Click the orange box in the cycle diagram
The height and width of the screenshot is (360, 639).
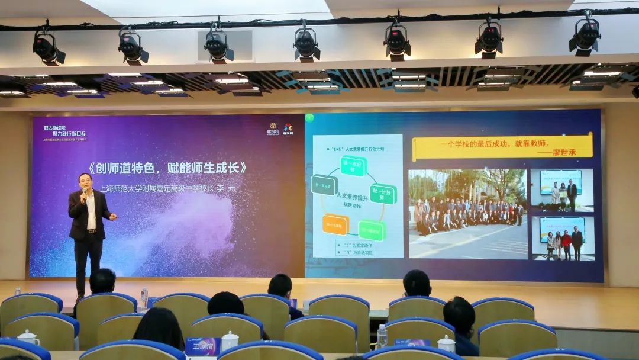pos(335,224)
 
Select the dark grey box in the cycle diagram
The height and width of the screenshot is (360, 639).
pos(324,185)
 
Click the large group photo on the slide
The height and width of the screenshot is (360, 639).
pos(467,213)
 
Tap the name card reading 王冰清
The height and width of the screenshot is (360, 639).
pos(202,345)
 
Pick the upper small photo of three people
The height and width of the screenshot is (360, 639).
pos(561,190)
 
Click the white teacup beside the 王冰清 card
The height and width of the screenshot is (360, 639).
pos(229,340)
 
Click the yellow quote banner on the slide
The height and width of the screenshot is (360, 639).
pos(502,146)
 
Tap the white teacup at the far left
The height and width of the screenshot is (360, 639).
pos(27,338)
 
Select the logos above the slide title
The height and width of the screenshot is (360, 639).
pos(279,128)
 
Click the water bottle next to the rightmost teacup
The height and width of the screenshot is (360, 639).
pos(382,336)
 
